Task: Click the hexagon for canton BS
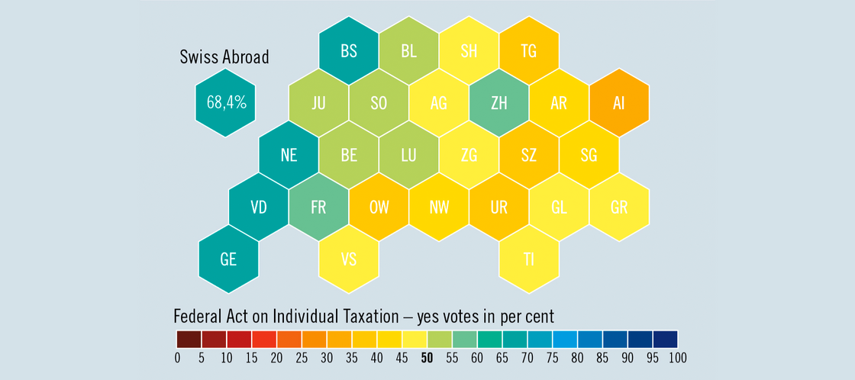(x=349, y=51)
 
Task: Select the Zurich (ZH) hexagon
(x=499, y=103)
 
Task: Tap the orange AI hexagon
(x=619, y=103)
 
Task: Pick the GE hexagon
(x=228, y=259)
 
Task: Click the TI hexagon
(x=529, y=259)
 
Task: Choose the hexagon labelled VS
(x=349, y=259)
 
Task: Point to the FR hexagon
(x=318, y=207)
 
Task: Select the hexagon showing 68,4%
(x=225, y=103)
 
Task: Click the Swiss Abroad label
(x=224, y=56)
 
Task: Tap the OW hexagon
(x=379, y=207)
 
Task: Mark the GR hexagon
(x=619, y=207)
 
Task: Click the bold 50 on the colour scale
(x=427, y=359)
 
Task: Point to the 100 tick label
(x=677, y=359)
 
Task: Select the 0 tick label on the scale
(x=177, y=359)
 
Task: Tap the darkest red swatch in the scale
(x=189, y=339)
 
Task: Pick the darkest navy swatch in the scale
(x=665, y=339)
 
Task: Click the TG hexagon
(x=529, y=51)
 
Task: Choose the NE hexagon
(x=289, y=155)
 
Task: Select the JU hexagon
(x=318, y=103)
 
